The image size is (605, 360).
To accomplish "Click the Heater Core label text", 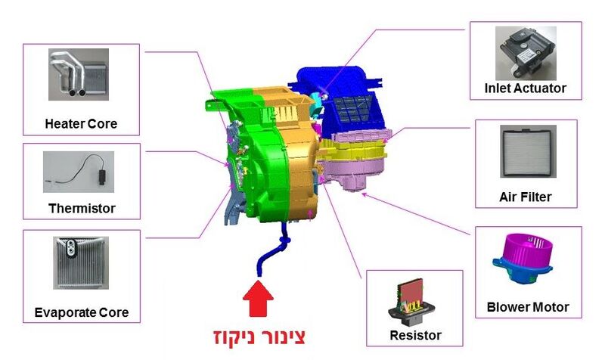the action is (x=81, y=124).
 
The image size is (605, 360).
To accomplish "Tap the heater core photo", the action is (x=79, y=74).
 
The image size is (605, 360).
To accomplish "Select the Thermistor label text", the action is (x=82, y=208).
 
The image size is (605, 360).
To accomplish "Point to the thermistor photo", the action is (x=79, y=172).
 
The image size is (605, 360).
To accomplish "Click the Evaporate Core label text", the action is (x=82, y=312).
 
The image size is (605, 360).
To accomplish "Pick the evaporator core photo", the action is (x=81, y=262).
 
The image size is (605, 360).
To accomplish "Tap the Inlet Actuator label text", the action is (x=525, y=88).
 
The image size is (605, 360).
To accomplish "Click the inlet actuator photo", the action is (x=526, y=53).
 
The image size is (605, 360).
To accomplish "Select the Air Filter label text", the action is (x=526, y=197).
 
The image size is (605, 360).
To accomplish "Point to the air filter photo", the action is (x=528, y=151).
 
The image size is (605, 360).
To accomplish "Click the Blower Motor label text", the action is (x=528, y=307).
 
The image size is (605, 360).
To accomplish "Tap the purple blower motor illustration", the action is (x=523, y=259).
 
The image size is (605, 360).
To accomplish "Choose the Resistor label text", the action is (x=415, y=335).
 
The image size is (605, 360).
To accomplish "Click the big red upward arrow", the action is (x=258, y=299).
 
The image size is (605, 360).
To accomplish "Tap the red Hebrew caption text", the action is (x=259, y=337).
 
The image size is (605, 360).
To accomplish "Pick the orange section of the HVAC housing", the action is (x=295, y=154).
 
